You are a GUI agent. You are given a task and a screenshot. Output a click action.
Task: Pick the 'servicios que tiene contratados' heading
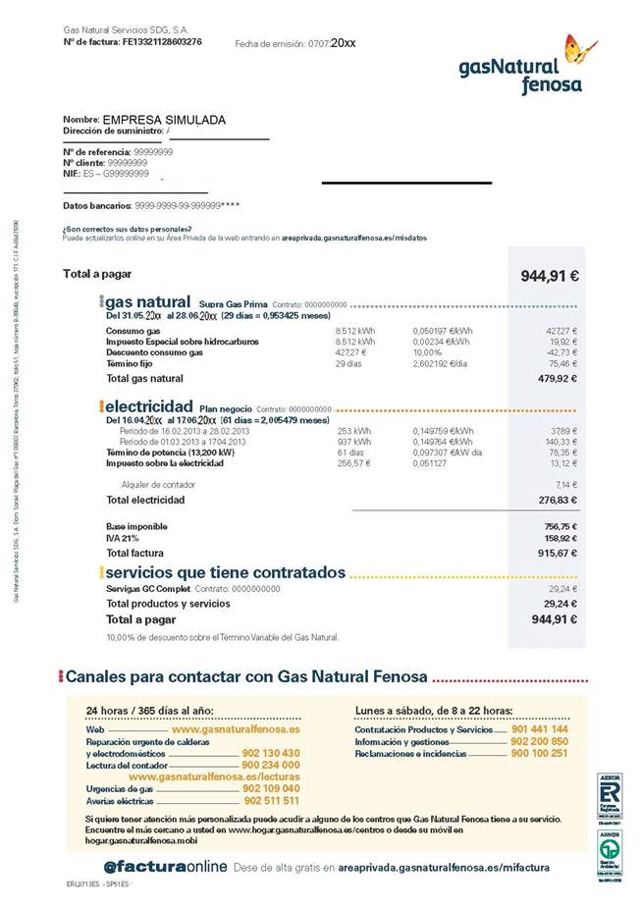[x=226, y=571]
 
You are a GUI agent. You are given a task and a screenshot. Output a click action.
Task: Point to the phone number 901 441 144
[x=538, y=729]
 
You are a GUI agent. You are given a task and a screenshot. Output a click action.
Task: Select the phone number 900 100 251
[x=538, y=753]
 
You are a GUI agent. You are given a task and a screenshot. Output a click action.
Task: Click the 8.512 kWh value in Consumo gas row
[x=353, y=331]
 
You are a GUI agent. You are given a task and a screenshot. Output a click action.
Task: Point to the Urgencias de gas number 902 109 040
[x=271, y=788]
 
